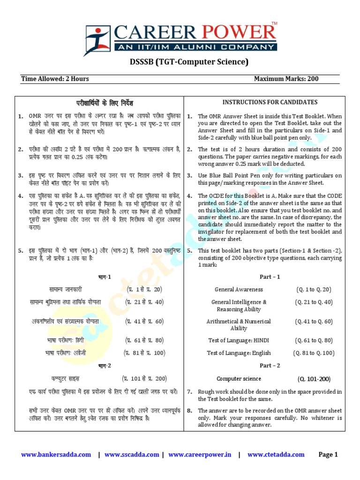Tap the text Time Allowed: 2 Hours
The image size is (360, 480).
coord(55,79)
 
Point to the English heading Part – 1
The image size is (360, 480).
coord(270,277)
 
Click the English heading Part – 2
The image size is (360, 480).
coord(270,365)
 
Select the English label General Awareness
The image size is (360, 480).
coord(239,290)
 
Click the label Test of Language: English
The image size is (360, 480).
coord(239,353)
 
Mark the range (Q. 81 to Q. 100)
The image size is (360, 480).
coord(314,353)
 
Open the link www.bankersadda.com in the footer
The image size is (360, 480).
coord(56,454)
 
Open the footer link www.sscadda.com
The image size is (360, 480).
coord(132,454)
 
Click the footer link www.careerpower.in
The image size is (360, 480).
coord(200,454)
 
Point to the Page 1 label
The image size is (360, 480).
coord(328,454)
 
